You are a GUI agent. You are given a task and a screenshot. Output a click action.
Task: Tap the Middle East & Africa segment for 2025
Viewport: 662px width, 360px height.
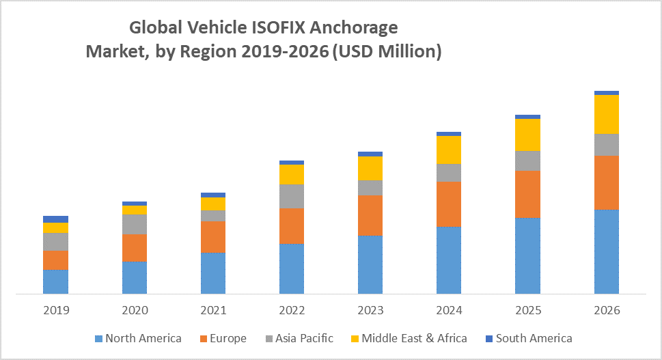[527, 135]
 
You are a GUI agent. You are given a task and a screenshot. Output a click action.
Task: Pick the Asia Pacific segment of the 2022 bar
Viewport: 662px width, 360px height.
[292, 196]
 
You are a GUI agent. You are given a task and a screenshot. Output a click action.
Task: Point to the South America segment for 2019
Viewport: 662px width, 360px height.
[55, 219]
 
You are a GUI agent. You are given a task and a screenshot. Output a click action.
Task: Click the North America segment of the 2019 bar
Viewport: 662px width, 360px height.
[55, 281]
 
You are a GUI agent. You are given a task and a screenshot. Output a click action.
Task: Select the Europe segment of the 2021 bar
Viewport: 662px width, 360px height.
[213, 236]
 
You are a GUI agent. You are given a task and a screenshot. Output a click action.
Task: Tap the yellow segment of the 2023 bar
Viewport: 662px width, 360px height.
[370, 168]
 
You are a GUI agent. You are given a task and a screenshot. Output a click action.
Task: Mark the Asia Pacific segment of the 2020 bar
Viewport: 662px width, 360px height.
[135, 224]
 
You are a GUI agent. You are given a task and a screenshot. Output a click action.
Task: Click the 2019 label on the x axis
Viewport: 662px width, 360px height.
[55, 310]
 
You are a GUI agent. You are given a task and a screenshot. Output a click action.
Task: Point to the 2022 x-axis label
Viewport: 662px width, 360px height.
[292, 310]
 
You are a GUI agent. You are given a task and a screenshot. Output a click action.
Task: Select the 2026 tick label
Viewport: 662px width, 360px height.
[606, 310]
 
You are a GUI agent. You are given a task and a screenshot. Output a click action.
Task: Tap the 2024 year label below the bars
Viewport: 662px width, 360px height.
[449, 310]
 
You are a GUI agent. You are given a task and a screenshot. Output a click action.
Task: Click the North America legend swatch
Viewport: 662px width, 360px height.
[98, 338]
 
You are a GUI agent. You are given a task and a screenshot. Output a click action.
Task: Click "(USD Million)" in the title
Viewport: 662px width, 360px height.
[387, 51]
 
